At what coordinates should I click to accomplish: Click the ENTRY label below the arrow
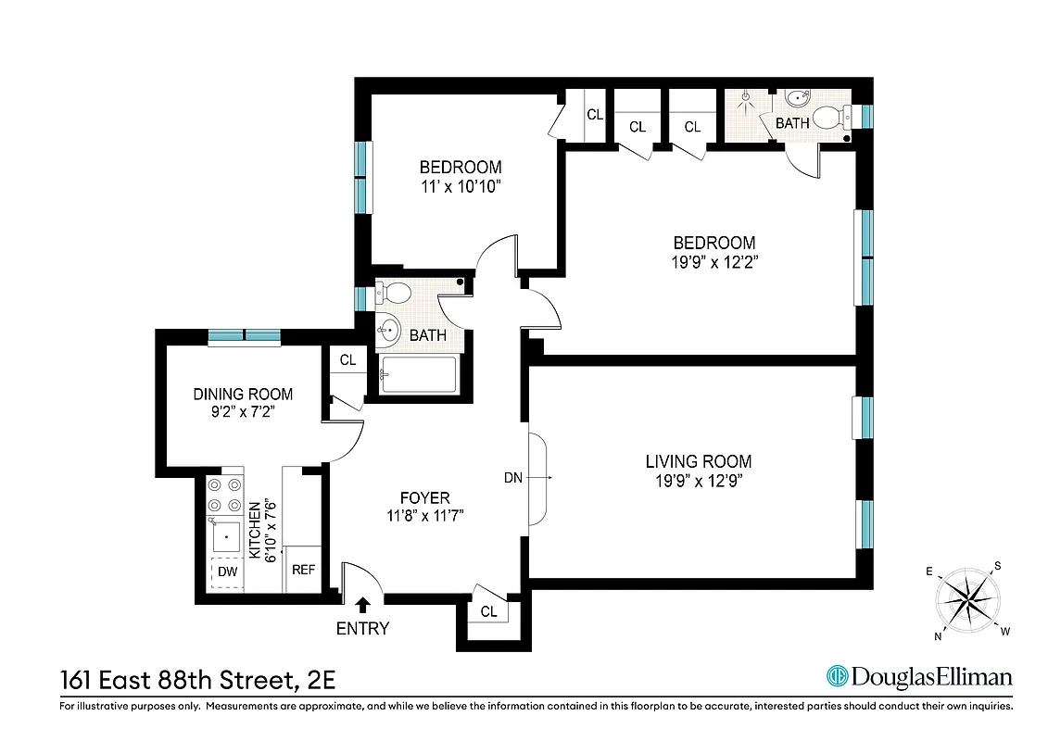click(362, 629)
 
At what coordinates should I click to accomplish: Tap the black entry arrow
click(362, 605)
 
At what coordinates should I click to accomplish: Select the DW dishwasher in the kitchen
click(227, 572)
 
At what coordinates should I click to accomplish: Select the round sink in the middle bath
click(388, 328)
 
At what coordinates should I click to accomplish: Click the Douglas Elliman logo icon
click(838, 676)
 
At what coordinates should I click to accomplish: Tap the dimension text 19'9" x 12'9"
click(698, 481)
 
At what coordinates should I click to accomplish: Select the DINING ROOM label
click(243, 394)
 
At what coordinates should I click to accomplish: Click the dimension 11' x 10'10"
click(461, 186)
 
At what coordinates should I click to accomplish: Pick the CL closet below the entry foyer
click(488, 612)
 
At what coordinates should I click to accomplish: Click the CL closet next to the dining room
click(347, 360)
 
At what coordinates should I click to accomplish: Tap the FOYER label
click(424, 498)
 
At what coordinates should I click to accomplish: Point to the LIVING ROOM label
click(698, 461)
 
